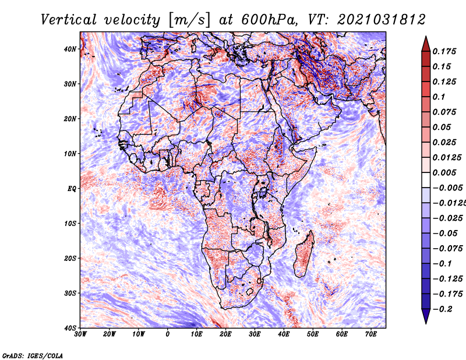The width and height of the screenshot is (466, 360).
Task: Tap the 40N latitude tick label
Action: click(70, 49)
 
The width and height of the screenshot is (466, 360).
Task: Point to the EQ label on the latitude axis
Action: click(72, 188)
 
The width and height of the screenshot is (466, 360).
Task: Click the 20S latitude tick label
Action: click(70, 258)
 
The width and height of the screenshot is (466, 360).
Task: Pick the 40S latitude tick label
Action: click(70, 328)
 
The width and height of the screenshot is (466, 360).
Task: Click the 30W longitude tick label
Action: click(80, 334)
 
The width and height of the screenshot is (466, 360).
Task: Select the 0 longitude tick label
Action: click(168, 334)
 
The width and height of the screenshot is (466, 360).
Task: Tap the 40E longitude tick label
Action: click(284, 334)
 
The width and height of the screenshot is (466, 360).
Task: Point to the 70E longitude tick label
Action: click(371, 334)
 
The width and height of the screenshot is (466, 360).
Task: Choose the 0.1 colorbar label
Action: click(439, 97)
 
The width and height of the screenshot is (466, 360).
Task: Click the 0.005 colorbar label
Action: click(444, 172)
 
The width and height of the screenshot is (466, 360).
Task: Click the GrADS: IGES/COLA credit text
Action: click(32, 355)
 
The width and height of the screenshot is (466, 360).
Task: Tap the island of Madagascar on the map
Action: click(303, 254)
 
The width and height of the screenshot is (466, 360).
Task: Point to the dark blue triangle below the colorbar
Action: click(426, 317)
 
